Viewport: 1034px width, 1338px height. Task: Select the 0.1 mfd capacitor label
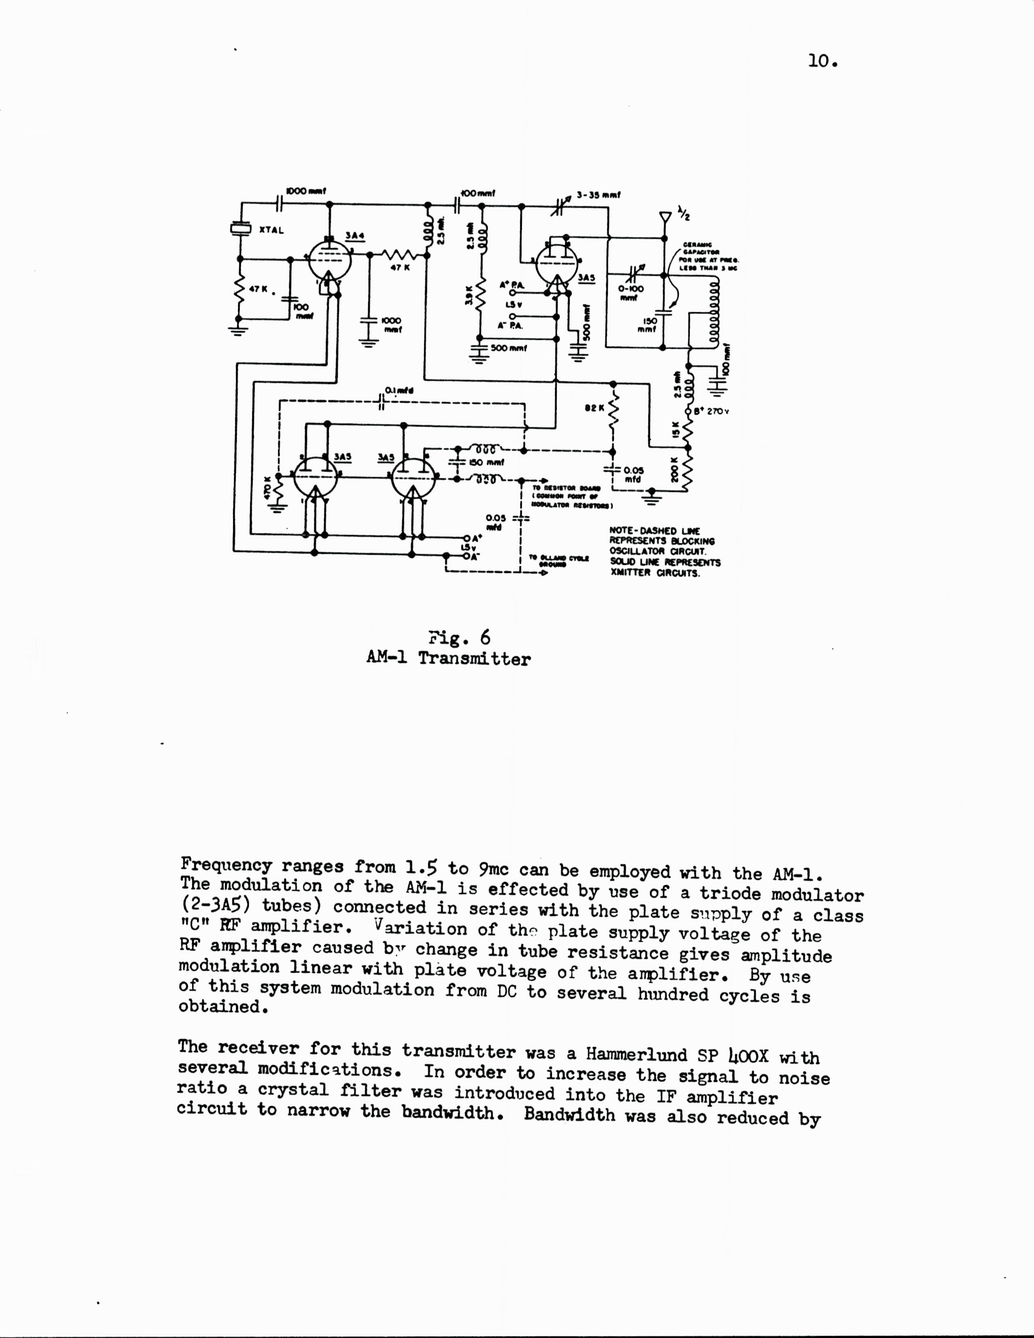pyautogui.click(x=399, y=390)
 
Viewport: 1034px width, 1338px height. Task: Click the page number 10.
pyautogui.click(x=822, y=61)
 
